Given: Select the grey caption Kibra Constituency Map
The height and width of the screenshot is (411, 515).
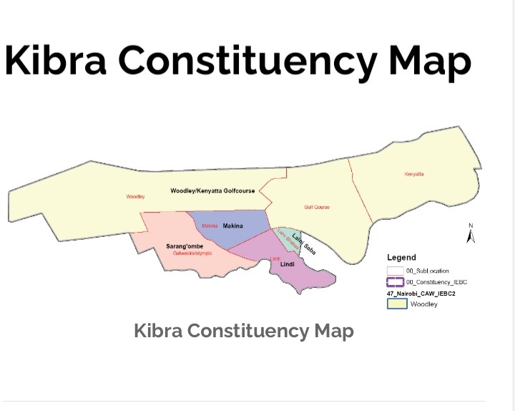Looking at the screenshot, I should point(243,331).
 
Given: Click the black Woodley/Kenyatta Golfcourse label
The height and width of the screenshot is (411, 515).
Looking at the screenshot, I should point(212,191).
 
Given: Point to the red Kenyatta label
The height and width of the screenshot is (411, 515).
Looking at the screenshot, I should point(414,174).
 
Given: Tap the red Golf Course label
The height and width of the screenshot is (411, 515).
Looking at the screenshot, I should point(317,207).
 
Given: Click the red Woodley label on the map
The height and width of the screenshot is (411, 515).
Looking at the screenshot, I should point(135,196).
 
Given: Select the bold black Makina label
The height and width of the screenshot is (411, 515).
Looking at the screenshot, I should point(233,226).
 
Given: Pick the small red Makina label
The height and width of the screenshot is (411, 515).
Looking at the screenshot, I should point(210,226).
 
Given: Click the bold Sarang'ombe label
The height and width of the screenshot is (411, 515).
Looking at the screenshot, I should point(185,246).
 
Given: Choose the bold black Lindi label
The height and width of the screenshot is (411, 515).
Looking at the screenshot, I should point(288,264).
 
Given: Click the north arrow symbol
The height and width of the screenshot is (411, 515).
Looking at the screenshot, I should point(471,234).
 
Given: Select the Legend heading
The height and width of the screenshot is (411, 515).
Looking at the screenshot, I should point(401,258).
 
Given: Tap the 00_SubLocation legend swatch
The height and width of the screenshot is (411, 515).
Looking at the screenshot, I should point(396,271).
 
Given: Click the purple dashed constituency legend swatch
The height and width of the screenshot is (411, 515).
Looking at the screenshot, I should point(396,282).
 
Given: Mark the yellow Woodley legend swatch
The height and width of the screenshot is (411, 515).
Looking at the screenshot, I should point(397,304).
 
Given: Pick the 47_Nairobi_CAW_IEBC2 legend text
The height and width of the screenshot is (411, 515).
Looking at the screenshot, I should point(421,294).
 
